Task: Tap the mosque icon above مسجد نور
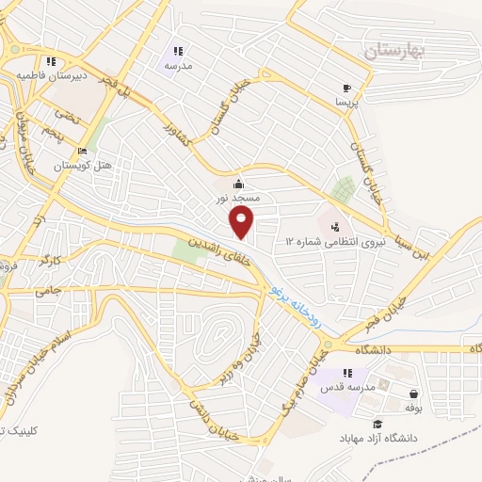click(239, 184)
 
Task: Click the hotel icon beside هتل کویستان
click(83, 151)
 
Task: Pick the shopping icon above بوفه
click(414, 394)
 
